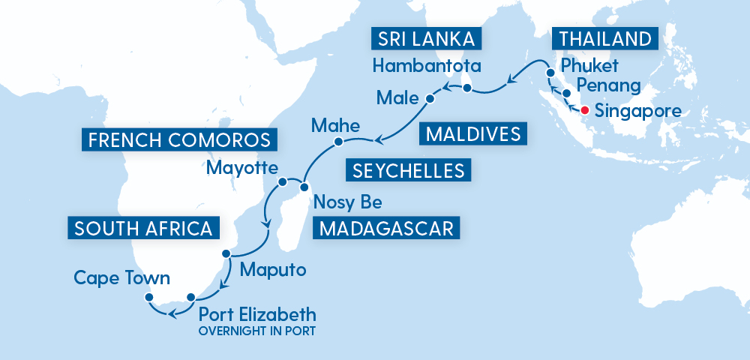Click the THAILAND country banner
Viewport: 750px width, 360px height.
coord(604,38)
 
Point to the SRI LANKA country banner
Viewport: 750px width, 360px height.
coord(424,38)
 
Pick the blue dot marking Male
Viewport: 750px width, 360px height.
coord(430,98)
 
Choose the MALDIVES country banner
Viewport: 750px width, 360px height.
coord(473,134)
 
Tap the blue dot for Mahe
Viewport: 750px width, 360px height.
coord(338,142)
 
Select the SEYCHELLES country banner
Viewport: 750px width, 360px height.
coord(408,170)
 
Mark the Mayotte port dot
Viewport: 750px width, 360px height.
coord(283,181)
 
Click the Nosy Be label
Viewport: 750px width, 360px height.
coord(347,202)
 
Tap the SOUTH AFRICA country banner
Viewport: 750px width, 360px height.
coord(143,228)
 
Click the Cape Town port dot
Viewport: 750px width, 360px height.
coord(148,298)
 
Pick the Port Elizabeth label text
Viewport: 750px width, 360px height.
coord(256,313)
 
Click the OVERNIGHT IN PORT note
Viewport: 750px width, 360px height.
coord(256,330)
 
